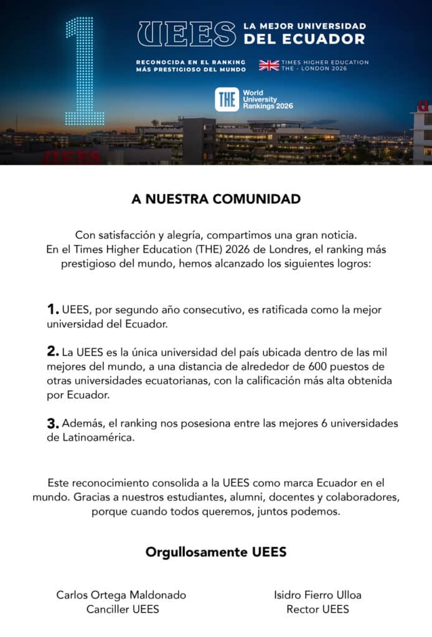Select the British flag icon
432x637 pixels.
click(269, 65)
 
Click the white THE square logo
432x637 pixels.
click(226, 100)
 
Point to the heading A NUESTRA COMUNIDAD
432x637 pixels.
click(216, 199)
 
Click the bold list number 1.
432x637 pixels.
click(53, 309)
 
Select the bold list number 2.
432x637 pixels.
click(54, 351)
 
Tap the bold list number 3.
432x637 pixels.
click(54, 424)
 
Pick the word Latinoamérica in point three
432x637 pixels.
click(98, 438)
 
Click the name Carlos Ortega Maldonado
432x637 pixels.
click(121, 595)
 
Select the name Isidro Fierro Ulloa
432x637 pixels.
click(317, 595)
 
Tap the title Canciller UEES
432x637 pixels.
click(123, 609)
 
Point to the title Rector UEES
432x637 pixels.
click(317, 609)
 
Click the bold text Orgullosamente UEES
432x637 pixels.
click(216, 552)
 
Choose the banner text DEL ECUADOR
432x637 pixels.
click(304, 40)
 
